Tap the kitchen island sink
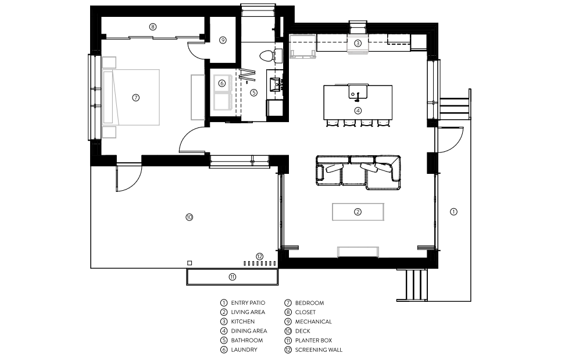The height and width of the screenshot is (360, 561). pos(358,91)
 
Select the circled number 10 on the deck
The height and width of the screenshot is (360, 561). pos(190,217)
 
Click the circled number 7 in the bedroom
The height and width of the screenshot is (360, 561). pos(135,97)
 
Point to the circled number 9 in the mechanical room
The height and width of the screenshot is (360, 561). pos(223,40)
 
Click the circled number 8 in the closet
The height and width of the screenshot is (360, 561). pos(153,27)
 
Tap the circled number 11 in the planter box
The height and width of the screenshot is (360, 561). pos(233,277)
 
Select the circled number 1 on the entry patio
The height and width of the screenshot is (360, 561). pos(453,212)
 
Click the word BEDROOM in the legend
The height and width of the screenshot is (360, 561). pos(309,303)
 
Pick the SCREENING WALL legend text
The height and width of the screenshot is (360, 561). pos(319,350)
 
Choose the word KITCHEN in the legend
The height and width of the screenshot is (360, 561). pos(242,322)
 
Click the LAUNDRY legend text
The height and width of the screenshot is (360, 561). pos(244,350)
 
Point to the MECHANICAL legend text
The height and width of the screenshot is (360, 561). pos(313,322)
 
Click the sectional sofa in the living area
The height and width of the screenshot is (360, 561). pos(358,172)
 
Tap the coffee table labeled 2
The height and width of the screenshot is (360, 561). pos(358,212)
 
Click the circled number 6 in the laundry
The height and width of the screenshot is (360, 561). pos(222,83)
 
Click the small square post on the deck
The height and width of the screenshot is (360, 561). pos(190,263)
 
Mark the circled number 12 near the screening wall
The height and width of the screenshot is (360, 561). pos(260,256)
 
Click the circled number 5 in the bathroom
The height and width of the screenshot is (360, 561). pos(253,92)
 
